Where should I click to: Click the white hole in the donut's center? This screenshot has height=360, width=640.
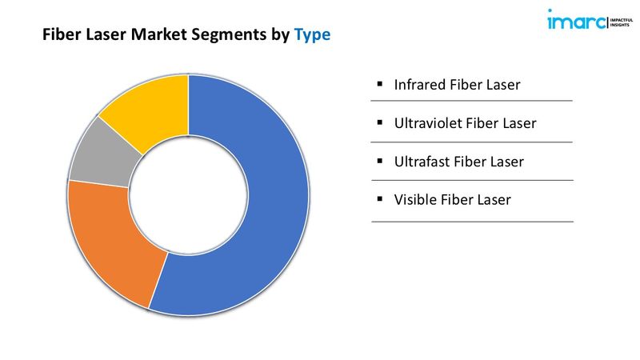(x=188, y=195)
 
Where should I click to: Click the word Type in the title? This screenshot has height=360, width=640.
(x=312, y=35)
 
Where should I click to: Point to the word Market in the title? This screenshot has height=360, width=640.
(x=158, y=34)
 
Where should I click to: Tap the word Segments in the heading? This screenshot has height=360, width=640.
(x=229, y=35)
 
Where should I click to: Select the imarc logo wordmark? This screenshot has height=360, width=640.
(x=576, y=20)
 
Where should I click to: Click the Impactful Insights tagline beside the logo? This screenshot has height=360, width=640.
(x=622, y=22)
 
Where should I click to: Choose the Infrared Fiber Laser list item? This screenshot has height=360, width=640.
(x=457, y=85)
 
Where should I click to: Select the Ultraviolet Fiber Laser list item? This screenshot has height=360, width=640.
(x=466, y=123)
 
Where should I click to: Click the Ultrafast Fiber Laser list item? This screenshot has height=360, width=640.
(x=458, y=162)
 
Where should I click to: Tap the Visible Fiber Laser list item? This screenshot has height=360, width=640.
(x=452, y=199)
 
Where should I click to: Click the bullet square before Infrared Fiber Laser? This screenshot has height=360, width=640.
(x=380, y=84)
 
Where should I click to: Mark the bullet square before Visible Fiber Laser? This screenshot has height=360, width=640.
(x=380, y=198)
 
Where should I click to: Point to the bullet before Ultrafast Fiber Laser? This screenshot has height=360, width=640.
(x=380, y=161)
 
